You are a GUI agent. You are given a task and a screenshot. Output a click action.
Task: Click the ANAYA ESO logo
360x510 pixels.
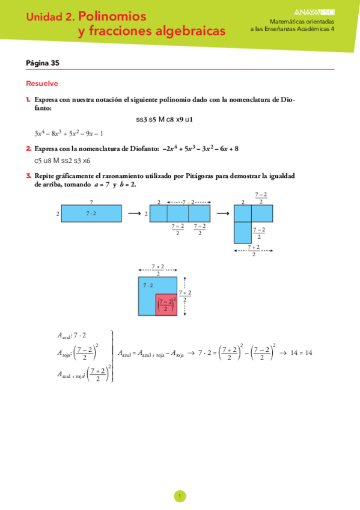pyautogui.click(x=315, y=11)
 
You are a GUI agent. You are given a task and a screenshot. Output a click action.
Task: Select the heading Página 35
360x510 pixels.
pyautogui.click(x=43, y=63)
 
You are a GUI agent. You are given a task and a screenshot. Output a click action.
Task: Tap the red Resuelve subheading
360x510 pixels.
pyautogui.click(x=42, y=84)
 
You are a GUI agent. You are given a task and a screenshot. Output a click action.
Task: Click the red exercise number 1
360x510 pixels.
pyautogui.click(x=28, y=99)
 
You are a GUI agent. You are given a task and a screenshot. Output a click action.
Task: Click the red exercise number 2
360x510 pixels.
pyautogui.click(x=28, y=148)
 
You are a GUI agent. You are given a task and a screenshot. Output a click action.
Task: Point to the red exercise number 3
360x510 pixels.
pyautogui.click(x=28, y=176)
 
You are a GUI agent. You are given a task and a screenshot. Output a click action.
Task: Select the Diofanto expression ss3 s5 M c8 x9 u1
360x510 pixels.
pyautogui.click(x=164, y=120)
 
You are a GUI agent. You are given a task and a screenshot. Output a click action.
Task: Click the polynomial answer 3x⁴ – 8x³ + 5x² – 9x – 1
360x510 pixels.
pyautogui.click(x=69, y=134)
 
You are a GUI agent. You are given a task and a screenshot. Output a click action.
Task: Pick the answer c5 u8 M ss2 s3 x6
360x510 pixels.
pyautogui.click(x=63, y=161)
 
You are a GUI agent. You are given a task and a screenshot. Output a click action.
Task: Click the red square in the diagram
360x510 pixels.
pyautogui.click(x=166, y=306)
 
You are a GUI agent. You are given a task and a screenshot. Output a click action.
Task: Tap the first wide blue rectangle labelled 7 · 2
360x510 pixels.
pyautogui.click(x=91, y=214)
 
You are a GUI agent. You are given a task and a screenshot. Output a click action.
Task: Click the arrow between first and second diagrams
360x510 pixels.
pyautogui.click(x=134, y=214)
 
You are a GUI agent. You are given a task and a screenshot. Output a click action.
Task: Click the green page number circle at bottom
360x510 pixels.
pyautogui.click(x=180, y=496)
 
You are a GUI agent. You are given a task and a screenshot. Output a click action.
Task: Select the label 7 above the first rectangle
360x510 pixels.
pyautogui.click(x=91, y=202)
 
